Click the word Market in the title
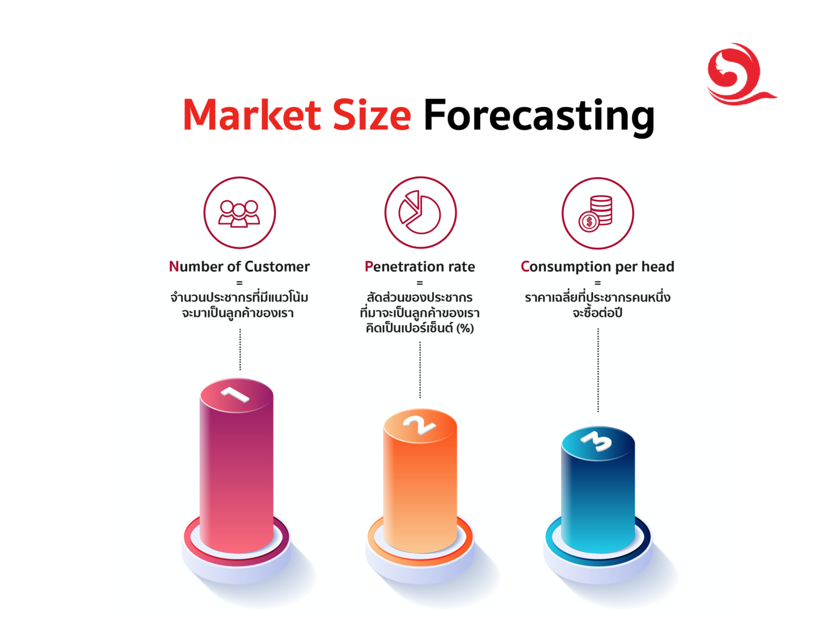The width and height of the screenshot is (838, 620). point(251,115)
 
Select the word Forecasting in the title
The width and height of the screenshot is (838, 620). point(538,116)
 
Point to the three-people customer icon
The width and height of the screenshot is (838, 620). point(240,213)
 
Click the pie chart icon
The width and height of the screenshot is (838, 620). point(420,213)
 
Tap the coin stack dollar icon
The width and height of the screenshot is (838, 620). point(597,213)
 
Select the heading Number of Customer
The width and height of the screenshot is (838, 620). point(239,267)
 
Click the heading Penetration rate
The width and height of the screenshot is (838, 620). point(420,267)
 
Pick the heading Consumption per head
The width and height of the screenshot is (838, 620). point(597,267)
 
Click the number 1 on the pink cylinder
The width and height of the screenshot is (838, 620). point(236,394)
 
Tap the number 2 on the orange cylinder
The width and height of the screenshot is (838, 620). point(419,425)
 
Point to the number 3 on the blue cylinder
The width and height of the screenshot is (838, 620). point(597,441)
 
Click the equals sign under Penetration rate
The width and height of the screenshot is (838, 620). point(420,282)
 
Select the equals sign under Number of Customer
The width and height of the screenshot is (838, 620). point(239,282)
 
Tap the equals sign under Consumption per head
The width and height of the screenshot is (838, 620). point(597,282)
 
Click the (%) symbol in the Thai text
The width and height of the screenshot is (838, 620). point(465,328)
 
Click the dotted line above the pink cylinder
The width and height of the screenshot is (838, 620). point(240,349)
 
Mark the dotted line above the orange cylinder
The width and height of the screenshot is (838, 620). point(420,370)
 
